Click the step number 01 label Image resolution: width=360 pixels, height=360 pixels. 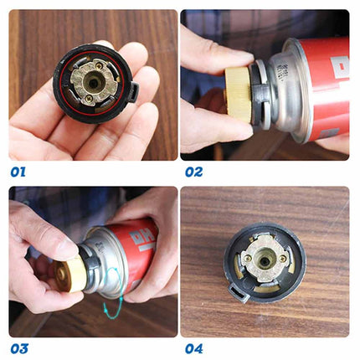(x=18, y=172)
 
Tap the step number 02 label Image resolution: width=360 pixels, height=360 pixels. (x=194, y=172)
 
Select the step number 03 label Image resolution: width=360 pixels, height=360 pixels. (x=19, y=347)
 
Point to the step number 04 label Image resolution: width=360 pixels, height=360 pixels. (x=194, y=347)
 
